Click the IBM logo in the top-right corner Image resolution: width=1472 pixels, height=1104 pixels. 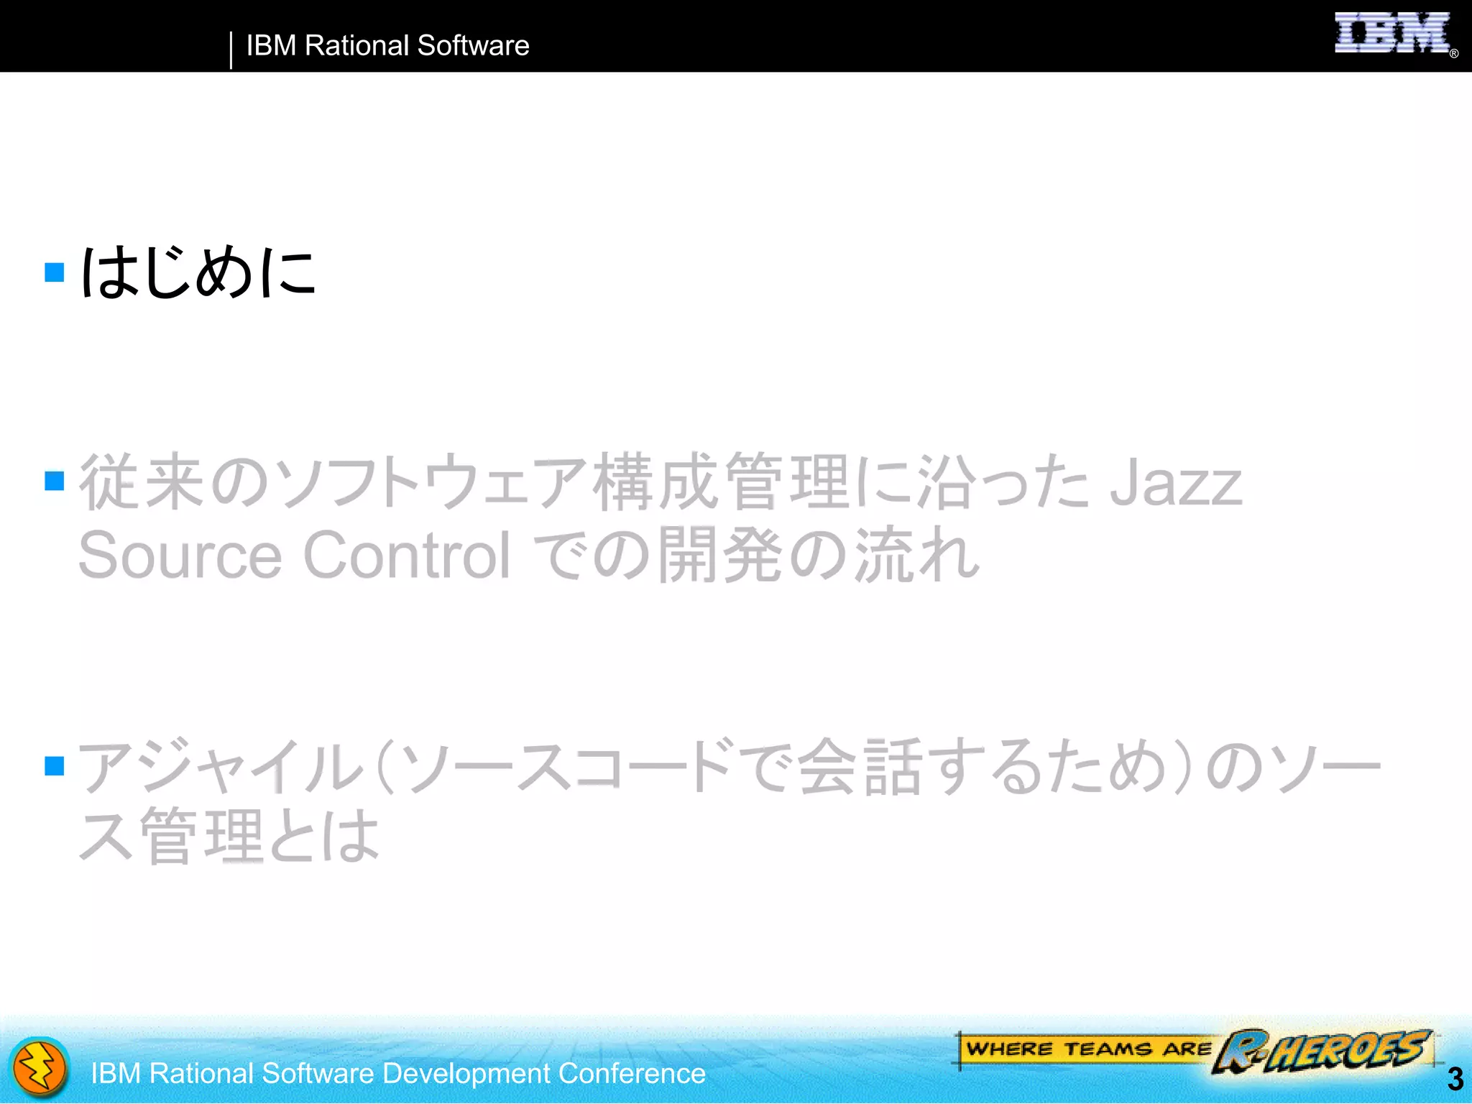pos(1391,33)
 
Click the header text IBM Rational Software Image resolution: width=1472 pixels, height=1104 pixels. pos(387,46)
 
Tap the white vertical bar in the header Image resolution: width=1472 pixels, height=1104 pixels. pos(231,50)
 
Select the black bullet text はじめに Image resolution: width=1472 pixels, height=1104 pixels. pos(198,272)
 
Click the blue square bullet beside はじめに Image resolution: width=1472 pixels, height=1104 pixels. pos(55,272)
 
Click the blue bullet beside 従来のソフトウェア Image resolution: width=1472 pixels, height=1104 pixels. pos(55,480)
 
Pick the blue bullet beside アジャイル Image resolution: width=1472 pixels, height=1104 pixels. pos(55,766)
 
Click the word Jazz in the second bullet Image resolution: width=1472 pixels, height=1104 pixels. pos(1176,483)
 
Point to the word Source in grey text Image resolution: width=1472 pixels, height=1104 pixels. pos(180,555)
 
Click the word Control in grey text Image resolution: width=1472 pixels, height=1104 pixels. pos(407,555)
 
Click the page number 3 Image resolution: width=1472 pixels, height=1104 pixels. pos(1455,1079)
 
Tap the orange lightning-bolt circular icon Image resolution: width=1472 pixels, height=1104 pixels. pos(40,1068)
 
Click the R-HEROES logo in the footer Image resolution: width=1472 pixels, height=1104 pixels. pos(1323,1051)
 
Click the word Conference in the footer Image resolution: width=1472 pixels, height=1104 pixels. pos(632,1074)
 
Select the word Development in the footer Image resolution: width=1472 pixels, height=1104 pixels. pos(466,1074)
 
